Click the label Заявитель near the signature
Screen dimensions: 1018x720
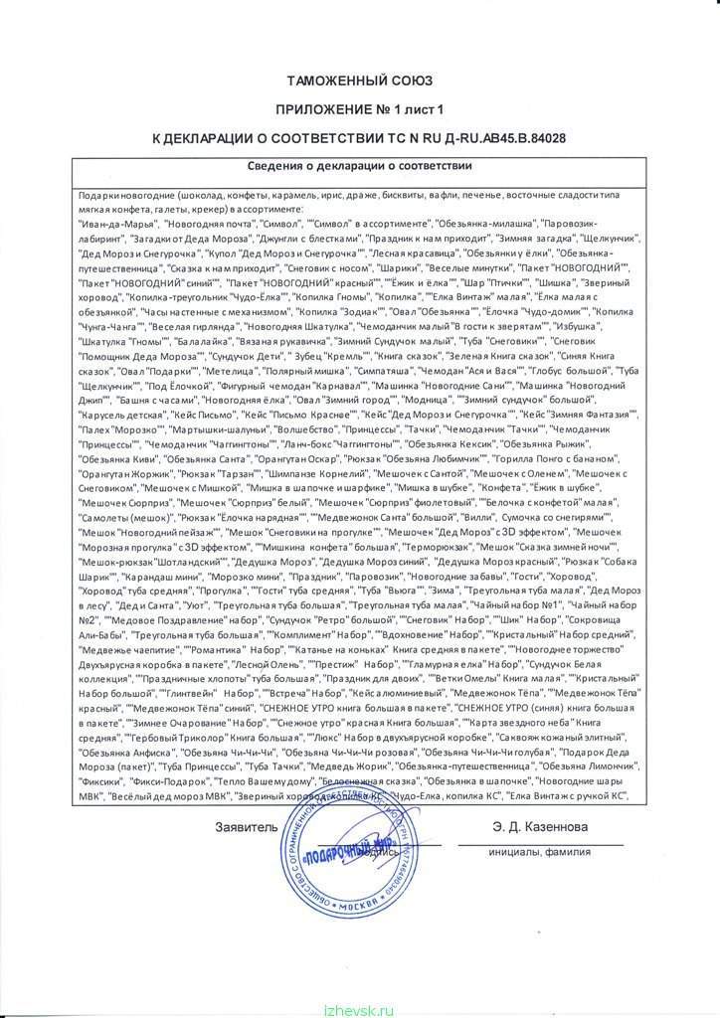[x=243, y=827]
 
